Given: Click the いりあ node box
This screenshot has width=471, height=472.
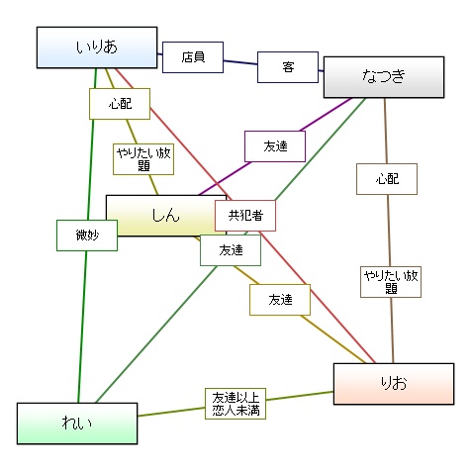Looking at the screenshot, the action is click(97, 47).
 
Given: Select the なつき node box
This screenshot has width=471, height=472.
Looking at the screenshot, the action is click(384, 77).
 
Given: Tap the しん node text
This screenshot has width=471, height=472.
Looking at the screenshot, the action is click(165, 215).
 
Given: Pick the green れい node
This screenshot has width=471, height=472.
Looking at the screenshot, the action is click(77, 424).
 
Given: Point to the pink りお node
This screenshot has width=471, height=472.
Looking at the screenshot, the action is click(394, 384).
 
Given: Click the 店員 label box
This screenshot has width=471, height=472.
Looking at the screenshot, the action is click(193, 57).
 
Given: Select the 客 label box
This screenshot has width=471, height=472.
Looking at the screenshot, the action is click(288, 67).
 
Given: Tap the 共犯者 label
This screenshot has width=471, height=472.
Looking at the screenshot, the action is click(245, 216).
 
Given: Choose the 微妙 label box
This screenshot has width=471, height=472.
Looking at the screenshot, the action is click(87, 236).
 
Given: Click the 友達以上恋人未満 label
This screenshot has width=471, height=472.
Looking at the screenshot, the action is click(235, 404).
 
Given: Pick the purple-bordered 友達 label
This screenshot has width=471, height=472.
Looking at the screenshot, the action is click(275, 146).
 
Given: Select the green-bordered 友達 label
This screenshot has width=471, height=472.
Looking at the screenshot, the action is click(231, 250).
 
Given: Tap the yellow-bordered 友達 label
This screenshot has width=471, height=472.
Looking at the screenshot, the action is click(280, 300).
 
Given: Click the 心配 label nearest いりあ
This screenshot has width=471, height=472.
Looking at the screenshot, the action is click(120, 104).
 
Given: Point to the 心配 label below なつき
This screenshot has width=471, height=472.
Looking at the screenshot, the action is click(387, 179).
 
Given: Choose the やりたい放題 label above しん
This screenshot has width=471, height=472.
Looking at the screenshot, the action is click(143, 159).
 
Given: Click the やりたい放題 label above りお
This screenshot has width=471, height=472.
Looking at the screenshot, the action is click(391, 282).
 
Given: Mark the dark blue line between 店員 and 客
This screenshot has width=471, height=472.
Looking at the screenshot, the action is click(240, 62).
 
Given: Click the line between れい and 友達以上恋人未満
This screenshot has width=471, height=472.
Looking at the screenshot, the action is click(171, 412).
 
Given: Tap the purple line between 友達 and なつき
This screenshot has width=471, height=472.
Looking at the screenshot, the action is click(326, 114).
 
